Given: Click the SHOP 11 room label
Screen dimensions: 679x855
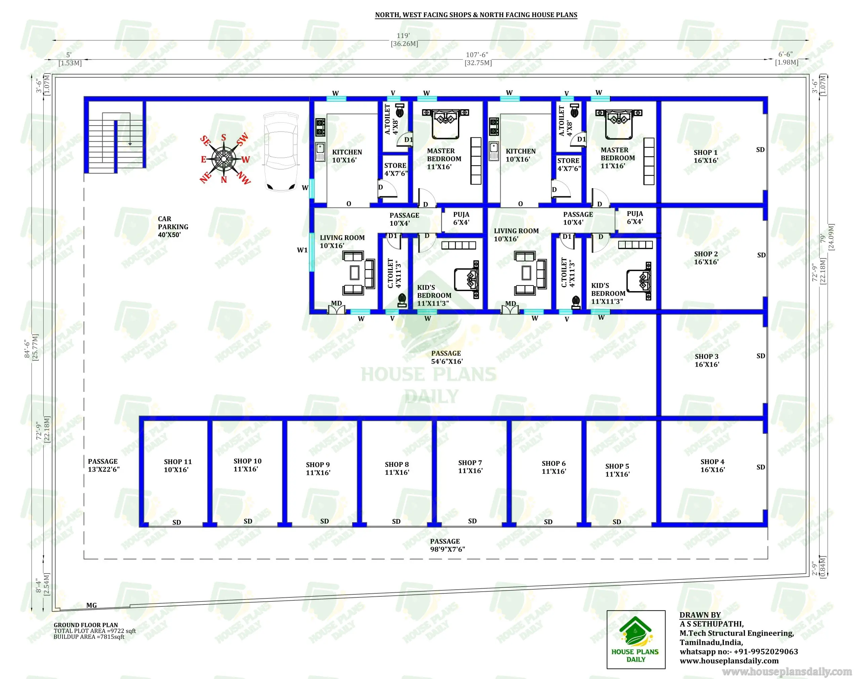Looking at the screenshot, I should point(177,465).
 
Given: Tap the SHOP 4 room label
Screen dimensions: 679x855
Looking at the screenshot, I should point(712,465).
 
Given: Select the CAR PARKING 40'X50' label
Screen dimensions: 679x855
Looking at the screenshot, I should point(172,227).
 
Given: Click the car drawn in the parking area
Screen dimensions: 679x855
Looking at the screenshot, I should point(281,152).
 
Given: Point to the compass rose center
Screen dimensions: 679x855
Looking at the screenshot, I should point(224,159).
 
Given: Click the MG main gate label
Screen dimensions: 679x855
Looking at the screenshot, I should point(91,605).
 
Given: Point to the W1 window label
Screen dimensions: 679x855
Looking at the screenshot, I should point(302,250).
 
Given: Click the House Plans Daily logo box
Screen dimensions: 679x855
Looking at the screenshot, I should point(636,639).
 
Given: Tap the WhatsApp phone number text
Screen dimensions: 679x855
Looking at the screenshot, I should point(738,652).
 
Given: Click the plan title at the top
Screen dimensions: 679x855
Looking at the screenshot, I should point(476,15).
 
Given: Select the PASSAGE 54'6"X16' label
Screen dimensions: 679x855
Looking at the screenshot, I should point(446,357).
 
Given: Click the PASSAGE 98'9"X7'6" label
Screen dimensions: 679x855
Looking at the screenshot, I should point(447,545).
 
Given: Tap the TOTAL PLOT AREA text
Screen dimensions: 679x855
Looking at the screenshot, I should point(95,631).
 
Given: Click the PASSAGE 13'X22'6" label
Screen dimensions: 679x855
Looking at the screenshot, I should point(104,465).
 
